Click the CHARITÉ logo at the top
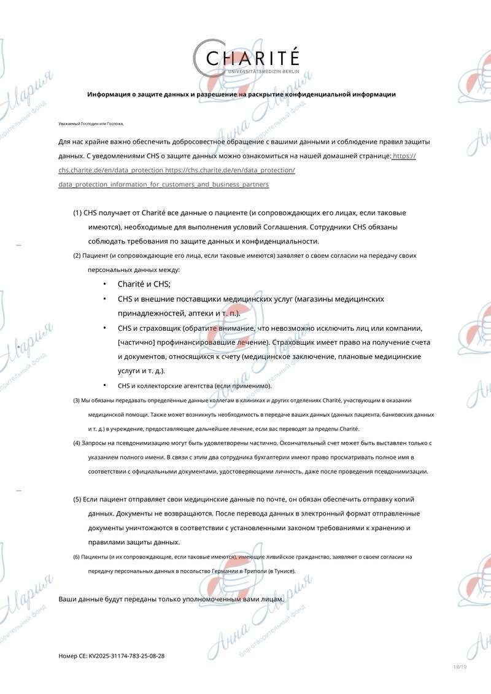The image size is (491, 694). (x=252, y=58)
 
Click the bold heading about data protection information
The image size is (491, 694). (x=241, y=94)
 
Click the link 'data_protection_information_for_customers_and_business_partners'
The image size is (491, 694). (x=163, y=185)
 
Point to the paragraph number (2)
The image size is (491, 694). (x=77, y=255)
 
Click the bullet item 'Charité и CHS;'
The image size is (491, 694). (x=144, y=284)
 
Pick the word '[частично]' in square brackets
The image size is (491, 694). (x=135, y=342)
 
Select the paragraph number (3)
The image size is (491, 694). (x=77, y=401)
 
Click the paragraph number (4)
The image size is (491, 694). (x=77, y=443)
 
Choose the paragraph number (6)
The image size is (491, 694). (x=77, y=557)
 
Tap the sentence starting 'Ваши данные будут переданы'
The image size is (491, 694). (x=171, y=598)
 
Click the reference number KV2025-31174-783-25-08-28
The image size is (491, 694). (x=126, y=656)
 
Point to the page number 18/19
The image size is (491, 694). (x=460, y=667)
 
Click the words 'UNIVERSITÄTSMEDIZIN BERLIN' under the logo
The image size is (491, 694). (x=263, y=72)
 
